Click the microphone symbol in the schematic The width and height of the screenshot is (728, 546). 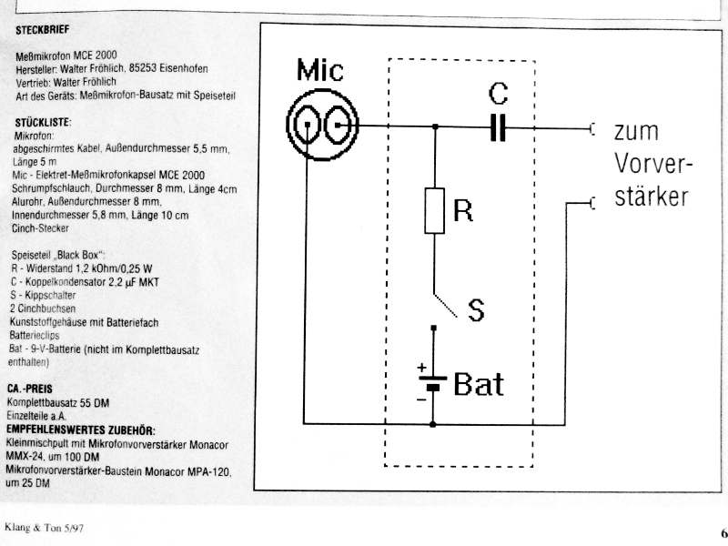point(323,125)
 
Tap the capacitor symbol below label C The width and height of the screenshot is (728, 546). point(498,126)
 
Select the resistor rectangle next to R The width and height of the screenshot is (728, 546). point(435,210)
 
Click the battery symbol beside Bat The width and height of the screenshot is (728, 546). point(433,382)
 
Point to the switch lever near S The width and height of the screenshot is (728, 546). point(445,306)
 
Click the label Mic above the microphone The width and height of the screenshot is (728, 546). point(320,70)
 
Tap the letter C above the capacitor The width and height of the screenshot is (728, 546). point(498,94)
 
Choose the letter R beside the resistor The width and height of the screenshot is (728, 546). point(463,210)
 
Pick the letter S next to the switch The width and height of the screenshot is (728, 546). point(476,310)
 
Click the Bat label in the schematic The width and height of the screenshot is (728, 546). point(479,384)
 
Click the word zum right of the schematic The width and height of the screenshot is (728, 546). point(636,131)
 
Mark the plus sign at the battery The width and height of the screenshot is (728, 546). point(421,368)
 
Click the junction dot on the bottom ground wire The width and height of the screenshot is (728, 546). point(433,424)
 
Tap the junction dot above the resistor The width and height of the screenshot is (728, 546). point(435,126)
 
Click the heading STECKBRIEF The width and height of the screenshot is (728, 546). point(42,30)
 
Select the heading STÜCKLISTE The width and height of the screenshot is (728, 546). point(43,123)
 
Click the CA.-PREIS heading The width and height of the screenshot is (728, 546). point(30,389)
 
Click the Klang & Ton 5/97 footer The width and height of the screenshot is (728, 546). point(44,528)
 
